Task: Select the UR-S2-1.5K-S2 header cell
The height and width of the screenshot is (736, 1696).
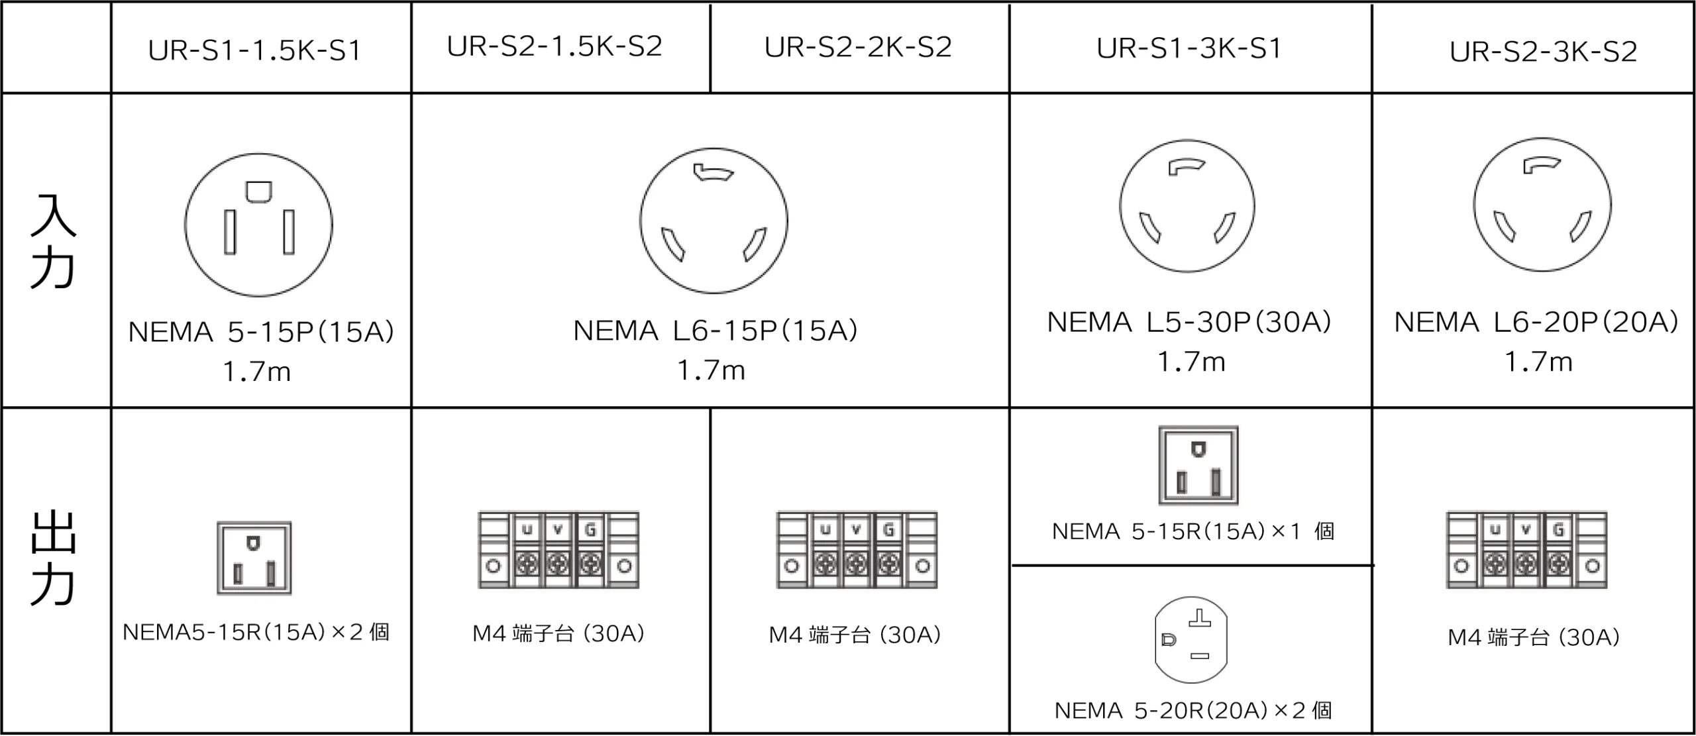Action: click(555, 46)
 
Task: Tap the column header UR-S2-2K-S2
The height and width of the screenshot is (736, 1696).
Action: click(858, 47)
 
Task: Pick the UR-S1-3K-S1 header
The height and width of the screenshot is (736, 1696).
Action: click(1189, 48)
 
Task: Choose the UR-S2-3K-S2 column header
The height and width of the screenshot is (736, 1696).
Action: click(1543, 52)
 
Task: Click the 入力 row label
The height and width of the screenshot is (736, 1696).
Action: click(53, 242)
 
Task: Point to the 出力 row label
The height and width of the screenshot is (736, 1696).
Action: click(53, 558)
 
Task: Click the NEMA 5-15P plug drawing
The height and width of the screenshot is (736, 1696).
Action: click(258, 225)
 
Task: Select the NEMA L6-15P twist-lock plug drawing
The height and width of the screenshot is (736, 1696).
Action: click(714, 221)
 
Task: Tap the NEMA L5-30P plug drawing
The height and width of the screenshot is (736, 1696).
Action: click(1187, 206)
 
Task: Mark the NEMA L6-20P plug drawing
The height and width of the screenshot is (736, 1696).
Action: click(1542, 204)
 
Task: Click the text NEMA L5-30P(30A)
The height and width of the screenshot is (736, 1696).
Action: click(1189, 322)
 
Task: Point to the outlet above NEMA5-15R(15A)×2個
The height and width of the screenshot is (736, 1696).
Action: click(254, 558)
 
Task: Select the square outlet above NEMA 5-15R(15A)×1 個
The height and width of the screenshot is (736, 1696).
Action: click(1198, 465)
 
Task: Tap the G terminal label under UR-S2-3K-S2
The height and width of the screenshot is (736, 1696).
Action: click(1558, 530)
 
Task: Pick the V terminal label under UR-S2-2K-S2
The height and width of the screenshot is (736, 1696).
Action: click(857, 529)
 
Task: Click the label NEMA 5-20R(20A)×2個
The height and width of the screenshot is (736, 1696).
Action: click(1192, 711)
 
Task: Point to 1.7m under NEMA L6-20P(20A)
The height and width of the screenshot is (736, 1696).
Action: click(1538, 362)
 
